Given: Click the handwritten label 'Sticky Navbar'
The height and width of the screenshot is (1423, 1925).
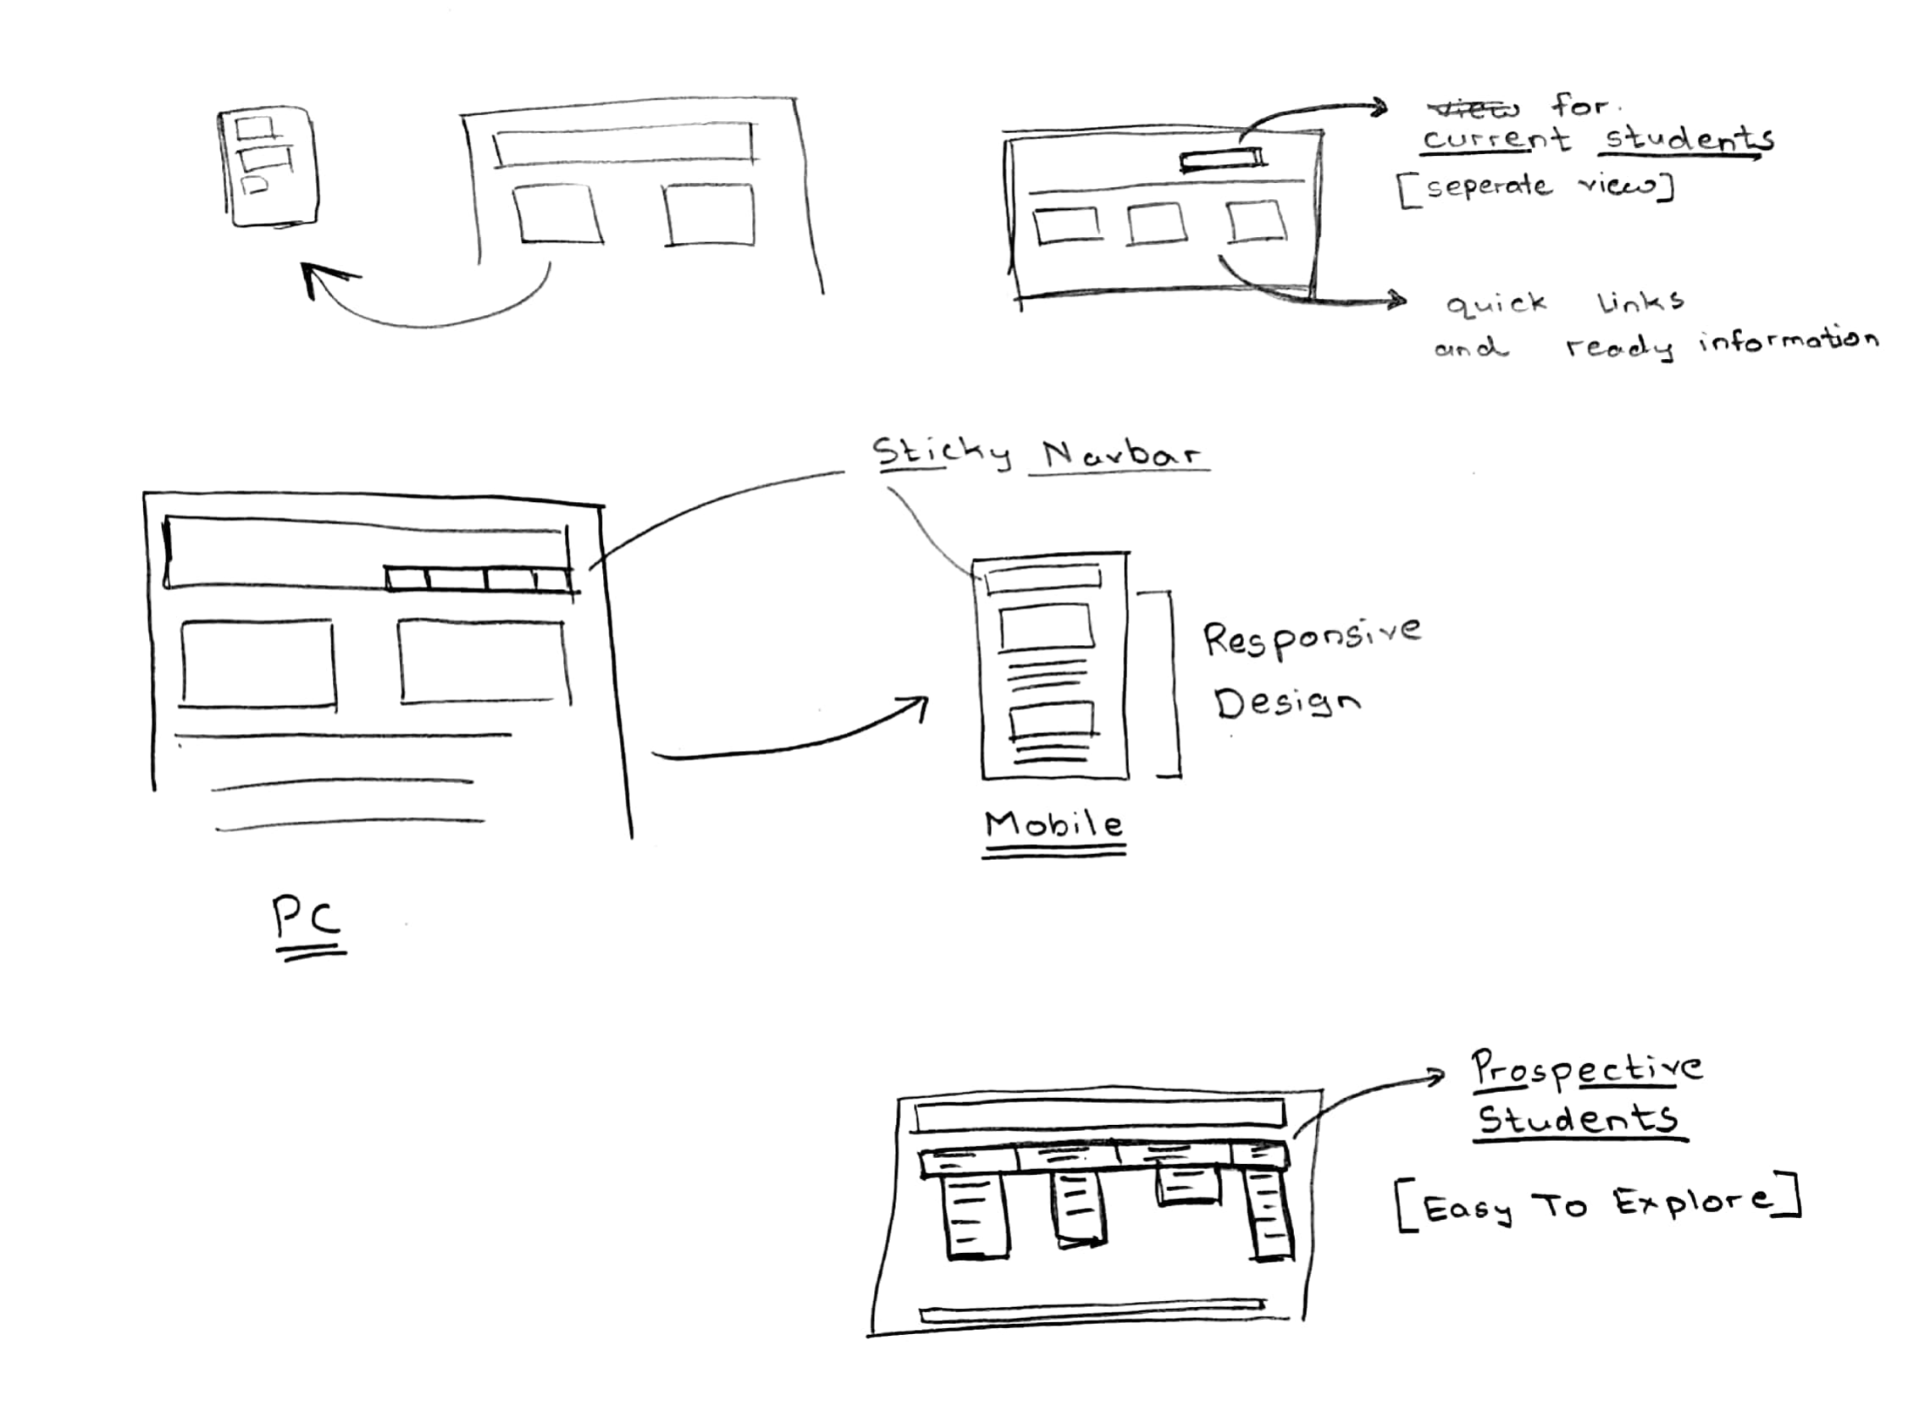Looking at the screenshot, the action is coord(1037,453).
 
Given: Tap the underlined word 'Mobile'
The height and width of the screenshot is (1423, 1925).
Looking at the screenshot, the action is coord(1054,825).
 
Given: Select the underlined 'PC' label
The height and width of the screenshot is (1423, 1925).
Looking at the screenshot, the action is coord(307,918).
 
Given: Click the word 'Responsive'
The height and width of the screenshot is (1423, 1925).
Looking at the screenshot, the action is coord(1311,637).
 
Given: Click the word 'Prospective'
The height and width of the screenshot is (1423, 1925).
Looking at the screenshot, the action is coord(1586,1069).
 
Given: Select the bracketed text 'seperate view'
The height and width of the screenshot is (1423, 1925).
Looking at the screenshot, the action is coord(1536,187).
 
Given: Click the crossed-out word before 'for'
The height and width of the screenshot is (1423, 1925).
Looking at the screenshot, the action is coord(1474,108).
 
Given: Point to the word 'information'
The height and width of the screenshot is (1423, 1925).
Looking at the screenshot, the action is coord(1788,340).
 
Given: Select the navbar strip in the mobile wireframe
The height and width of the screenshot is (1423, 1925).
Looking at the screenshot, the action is coord(1043,577).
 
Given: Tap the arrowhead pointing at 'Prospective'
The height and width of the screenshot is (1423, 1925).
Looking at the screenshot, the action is coord(1437,1075).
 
